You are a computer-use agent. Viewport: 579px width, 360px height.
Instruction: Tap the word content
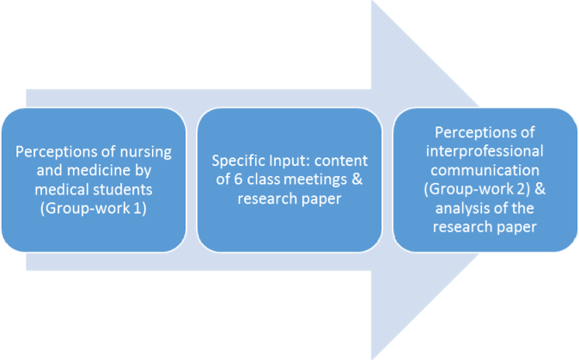pos(344,160)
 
